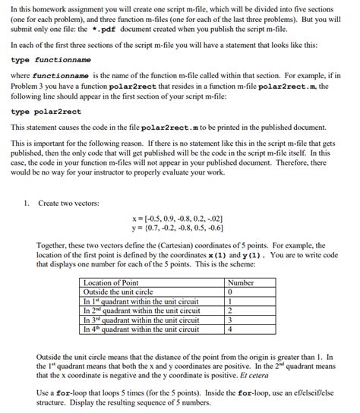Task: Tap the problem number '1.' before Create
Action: click(x=27, y=203)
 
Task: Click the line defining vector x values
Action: click(x=179, y=219)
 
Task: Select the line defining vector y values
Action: click(x=179, y=228)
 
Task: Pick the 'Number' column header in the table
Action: click(x=240, y=282)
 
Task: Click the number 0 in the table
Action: click(x=229, y=292)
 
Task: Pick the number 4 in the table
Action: click(x=229, y=329)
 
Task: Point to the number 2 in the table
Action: click(x=229, y=311)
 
